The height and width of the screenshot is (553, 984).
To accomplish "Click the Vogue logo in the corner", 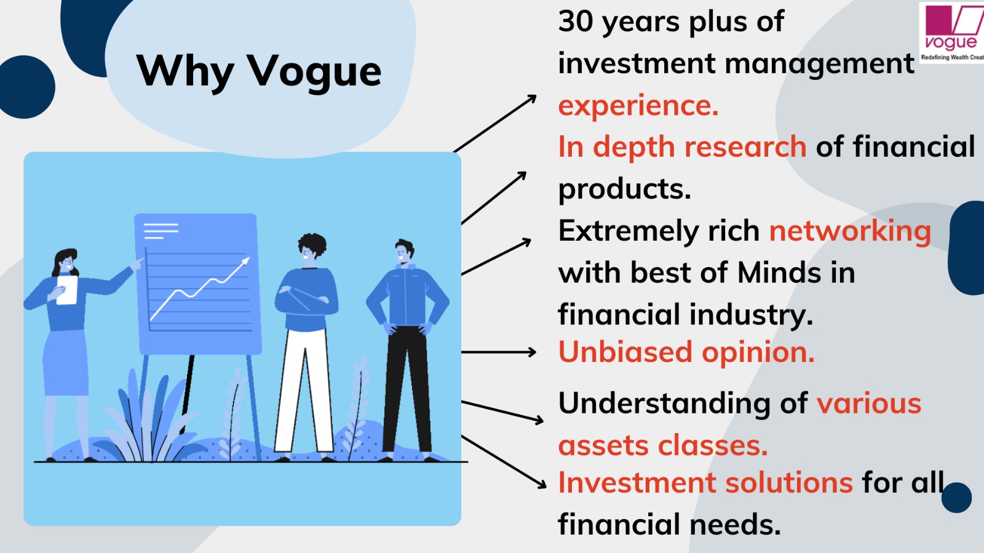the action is click(951, 33).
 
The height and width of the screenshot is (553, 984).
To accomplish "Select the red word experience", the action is click(638, 106).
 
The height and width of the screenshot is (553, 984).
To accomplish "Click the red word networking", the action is click(849, 232).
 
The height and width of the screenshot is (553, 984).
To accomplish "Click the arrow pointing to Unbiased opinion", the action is click(499, 352).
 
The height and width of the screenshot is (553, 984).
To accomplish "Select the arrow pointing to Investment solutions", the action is click(504, 461).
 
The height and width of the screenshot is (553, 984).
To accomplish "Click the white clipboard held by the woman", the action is click(67, 289).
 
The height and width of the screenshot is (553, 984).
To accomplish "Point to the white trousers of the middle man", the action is click(304, 391).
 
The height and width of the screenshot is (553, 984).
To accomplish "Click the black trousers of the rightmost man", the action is click(407, 389).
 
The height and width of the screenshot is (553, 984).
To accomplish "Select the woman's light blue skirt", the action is click(65, 363).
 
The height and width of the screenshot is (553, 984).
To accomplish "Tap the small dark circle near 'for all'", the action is click(956, 498).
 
